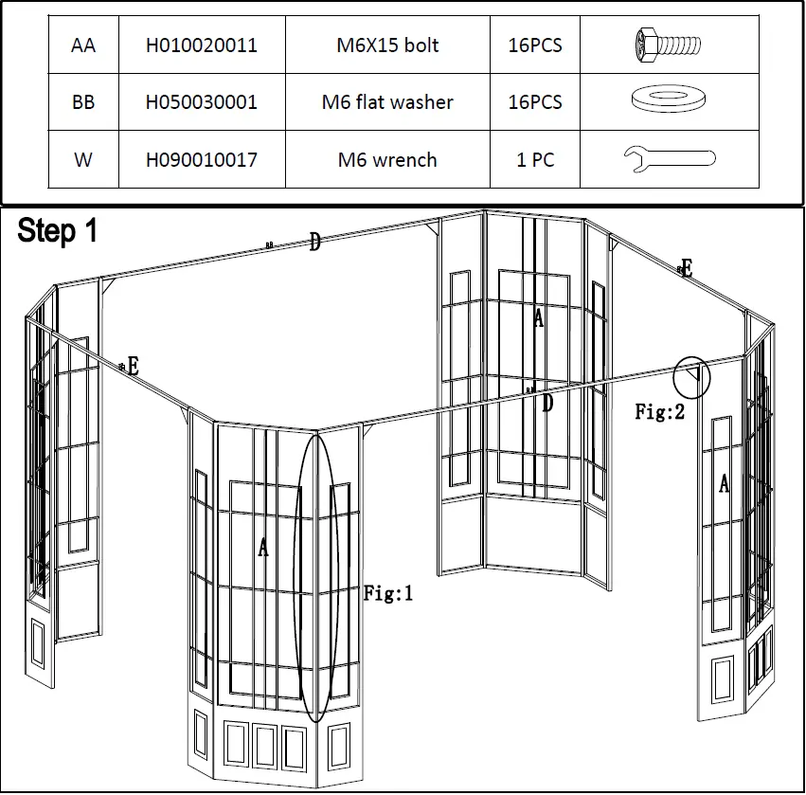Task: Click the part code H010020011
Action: click(x=201, y=45)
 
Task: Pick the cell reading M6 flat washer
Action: click(x=387, y=102)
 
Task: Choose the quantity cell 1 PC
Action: click(x=535, y=160)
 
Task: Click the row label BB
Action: click(x=83, y=102)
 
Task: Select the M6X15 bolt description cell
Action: click(x=387, y=45)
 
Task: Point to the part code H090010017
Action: click(x=201, y=160)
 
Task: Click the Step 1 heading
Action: click(x=58, y=231)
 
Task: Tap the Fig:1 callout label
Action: click(x=388, y=594)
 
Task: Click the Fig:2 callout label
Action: click(x=660, y=412)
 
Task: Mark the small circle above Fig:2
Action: click(x=690, y=377)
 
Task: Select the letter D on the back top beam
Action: click(x=314, y=244)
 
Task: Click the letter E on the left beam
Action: click(x=133, y=367)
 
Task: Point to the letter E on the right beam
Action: click(x=687, y=269)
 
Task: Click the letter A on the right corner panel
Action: click(x=725, y=483)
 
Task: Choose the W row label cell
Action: click(x=83, y=160)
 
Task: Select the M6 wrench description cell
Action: click(x=387, y=160)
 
